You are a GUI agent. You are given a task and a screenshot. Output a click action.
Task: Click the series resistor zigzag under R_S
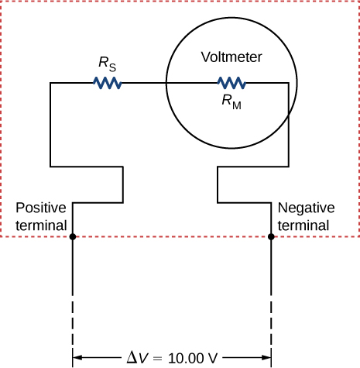tap(108, 83)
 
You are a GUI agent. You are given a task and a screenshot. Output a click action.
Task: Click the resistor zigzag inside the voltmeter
tap(231, 83)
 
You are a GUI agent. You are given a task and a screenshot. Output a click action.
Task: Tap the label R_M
tap(231, 102)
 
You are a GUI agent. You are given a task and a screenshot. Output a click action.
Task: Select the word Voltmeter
tap(231, 57)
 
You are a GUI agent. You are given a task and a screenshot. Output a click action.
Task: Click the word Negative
tap(306, 208)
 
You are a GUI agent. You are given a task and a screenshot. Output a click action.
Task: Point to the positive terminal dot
tap(72, 237)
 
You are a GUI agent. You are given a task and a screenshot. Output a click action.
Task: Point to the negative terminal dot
tap(271, 237)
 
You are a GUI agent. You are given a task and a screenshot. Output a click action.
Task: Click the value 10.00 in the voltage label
tap(187, 358)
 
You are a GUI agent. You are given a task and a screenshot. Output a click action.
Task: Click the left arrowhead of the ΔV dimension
tap(77, 358)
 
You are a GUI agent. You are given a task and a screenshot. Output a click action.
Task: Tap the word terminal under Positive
tap(41, 225)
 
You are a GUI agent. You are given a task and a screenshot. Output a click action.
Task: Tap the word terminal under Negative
tap(303, 225)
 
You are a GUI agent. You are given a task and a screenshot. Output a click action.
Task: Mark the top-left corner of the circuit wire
tap(50, 83)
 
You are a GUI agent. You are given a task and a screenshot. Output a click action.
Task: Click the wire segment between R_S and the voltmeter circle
tap(143, 83)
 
